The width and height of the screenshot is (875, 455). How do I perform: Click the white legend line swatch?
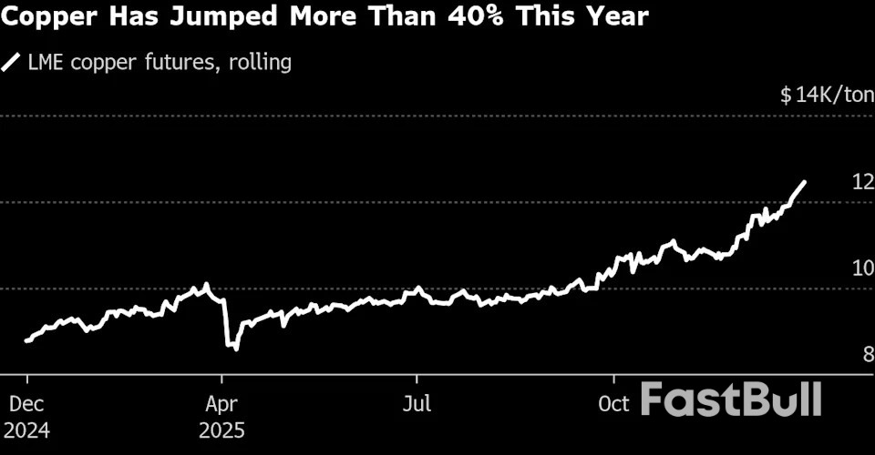(12, 63)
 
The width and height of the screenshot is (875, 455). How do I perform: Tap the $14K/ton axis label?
(826, 95)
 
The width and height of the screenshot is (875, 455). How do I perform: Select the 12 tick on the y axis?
(862, 182)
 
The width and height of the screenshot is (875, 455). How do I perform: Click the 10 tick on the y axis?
(862, 268)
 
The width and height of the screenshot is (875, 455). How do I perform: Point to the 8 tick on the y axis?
(869, 355)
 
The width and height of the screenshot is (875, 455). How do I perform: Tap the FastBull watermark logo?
(732, 399)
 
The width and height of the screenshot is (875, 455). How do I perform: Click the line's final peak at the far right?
(804, 182)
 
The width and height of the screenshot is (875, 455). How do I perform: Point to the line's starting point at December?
(26, 341)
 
